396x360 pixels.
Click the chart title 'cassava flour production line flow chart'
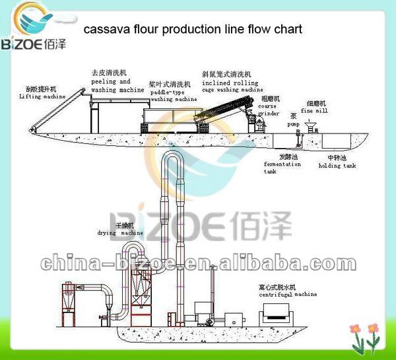[x=191, y=30]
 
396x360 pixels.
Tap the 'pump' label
[x=293, y=123]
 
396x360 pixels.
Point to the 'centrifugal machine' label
[x=287, y=291]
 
